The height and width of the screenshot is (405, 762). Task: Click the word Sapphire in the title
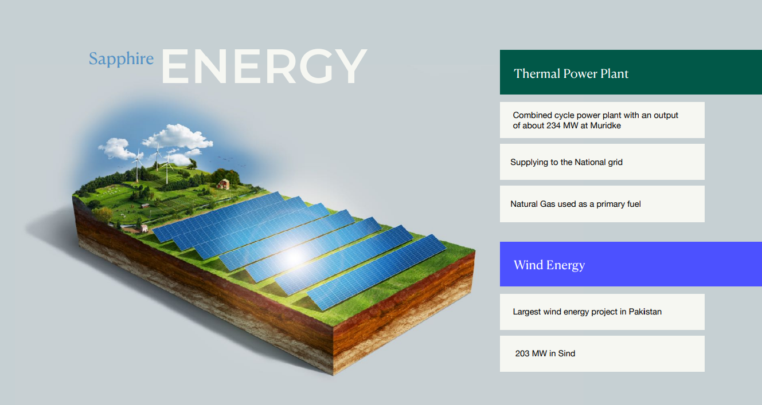[121, 59]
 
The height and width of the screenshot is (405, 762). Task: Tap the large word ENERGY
[264, 66]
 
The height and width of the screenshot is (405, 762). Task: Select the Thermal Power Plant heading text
[571, 74]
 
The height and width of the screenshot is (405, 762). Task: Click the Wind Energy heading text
[549, 265]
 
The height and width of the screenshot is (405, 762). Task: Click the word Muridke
[605, 125]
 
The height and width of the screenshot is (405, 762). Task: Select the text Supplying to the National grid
[566, 163]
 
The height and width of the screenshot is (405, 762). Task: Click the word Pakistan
[645, 312]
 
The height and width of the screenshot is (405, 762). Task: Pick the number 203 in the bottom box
[522, 353]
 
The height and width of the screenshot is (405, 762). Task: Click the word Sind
[566, 353]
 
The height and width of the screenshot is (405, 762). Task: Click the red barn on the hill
[224, 184]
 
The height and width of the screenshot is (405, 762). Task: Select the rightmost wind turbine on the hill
[167, 167]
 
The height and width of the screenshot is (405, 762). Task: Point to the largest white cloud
[177, 136]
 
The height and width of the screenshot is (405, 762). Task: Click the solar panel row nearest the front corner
[377, 272]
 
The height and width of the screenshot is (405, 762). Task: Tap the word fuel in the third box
[634, 204]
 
